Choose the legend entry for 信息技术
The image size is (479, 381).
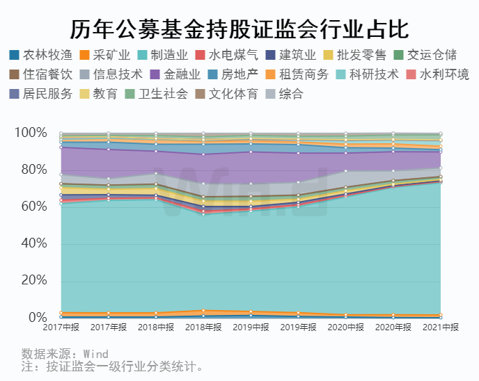(x=116, y=74)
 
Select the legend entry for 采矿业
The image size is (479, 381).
(x=111, y=54)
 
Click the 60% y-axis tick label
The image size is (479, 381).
(x=34, y=206)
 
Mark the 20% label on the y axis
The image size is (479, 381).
(x=34, y=280)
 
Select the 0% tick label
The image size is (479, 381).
(x=38, y=318)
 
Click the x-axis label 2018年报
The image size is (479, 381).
(x=203, y=327)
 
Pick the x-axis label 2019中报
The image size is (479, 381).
(x=251, y=327)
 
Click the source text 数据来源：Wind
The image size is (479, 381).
(x=65, y=353)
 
